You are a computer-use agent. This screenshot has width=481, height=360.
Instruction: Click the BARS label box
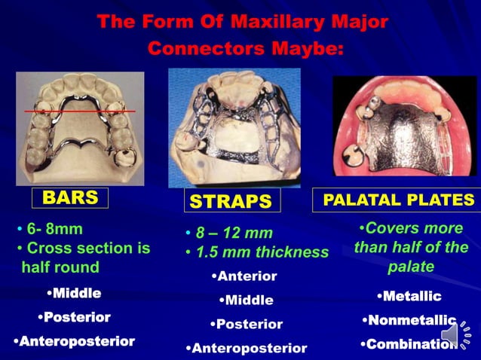[x=70, y=198]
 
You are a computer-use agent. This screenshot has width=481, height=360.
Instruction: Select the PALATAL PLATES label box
[x=398, y=200]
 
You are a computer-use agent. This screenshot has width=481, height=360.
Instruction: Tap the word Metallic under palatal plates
[x=410, y=296]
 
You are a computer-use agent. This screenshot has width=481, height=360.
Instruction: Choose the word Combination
[x=408, y=344]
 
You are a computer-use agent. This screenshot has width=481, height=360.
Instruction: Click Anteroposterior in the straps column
[x=247, y=348]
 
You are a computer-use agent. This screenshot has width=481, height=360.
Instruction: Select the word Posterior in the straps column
[x=247, y=324]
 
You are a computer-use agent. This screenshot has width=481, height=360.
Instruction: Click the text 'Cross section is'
[x=87, y=248]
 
